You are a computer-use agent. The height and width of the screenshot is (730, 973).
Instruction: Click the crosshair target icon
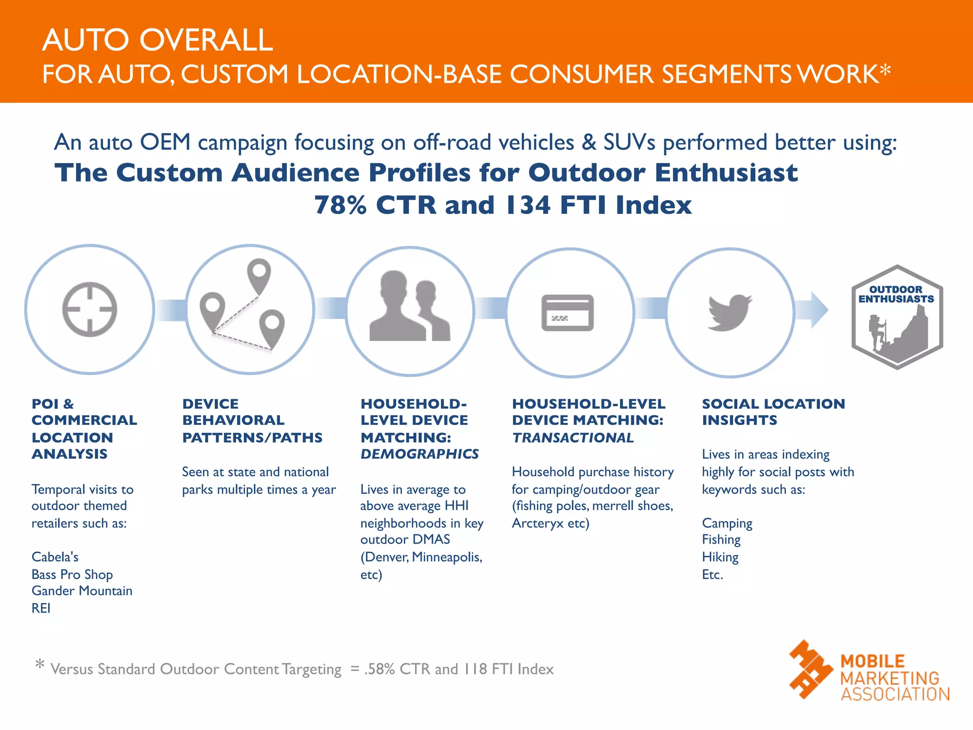click(x=89, y=309)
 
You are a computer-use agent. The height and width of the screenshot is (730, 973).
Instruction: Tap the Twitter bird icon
click(x=730, y=312)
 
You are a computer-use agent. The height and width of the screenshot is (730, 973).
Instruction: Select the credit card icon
click(x=568, y=313)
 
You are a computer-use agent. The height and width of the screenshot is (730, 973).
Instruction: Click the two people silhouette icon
click(x=410, y=307)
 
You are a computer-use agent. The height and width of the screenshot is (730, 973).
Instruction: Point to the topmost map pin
click(x=259, y=274)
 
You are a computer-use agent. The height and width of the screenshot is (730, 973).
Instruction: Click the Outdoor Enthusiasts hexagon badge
click(x=897, y=317)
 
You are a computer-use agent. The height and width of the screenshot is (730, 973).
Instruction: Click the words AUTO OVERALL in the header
click(x=157, y=40)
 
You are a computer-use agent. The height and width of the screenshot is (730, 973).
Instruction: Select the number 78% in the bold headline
click(x=340, y=205)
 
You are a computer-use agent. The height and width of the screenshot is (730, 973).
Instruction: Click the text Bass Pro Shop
click(x=72, y=575)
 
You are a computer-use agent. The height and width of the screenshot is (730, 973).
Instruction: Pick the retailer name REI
click(x=41, y=608)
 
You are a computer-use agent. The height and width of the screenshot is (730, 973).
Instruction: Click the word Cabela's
click(x=55, y=557)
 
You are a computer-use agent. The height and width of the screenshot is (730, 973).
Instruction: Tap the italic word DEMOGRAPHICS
click(x=420, y=454)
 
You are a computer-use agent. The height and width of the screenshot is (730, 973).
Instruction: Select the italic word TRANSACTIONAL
click(x=573, y=438)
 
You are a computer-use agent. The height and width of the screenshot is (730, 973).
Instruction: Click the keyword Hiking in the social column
click(x=720, y=557)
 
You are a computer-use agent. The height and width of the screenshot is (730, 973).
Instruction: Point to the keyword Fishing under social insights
click(x=721, y=540)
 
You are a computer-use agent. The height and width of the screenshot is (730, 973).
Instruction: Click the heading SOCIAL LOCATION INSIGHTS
click(x=773, y=412)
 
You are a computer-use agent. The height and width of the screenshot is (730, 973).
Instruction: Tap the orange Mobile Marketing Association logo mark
click(x=810, y=670)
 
